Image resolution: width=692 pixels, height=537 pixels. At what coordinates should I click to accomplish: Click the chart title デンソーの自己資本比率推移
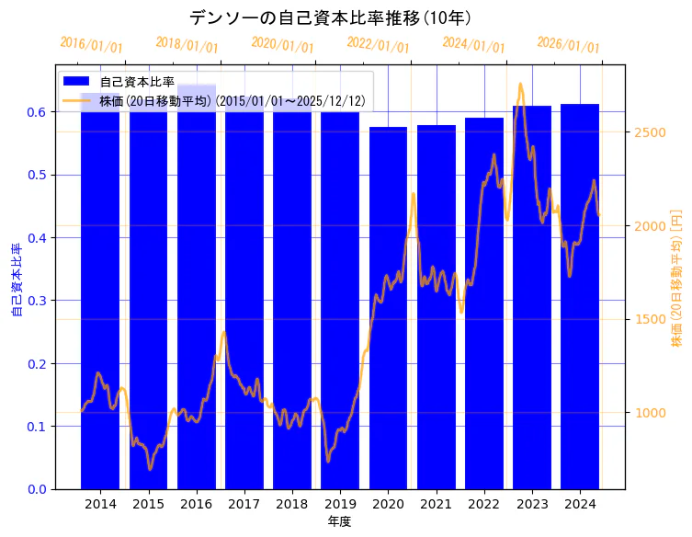pyautogui.click(x=331, y=18)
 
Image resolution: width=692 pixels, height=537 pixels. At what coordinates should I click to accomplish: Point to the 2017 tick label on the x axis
pyautogui.click(x=244, y=504)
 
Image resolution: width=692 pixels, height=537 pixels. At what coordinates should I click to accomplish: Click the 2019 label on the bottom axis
pyautogui.click(x=340, y=504)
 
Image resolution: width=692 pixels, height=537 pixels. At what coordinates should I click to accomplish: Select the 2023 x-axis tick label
pyautogui.click(x=532, y=504)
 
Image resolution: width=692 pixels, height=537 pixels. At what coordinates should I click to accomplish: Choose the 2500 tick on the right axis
pyautogui.click(x=650, y=132)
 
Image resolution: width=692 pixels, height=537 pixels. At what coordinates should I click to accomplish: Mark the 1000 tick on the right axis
pyautogui.click(x=650, y=413)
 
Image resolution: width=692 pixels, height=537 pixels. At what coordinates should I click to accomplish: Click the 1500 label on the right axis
pyautogui.click(x=650, y=319)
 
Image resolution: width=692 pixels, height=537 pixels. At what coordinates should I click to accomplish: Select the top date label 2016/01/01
pyautogui.click(x=91, y=44)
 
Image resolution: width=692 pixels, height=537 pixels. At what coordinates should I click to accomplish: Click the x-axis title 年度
pyautogui.click(x=339, y=521)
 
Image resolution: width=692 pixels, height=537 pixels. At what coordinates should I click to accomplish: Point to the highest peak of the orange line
pyautogui.click(x=520, y=84)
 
